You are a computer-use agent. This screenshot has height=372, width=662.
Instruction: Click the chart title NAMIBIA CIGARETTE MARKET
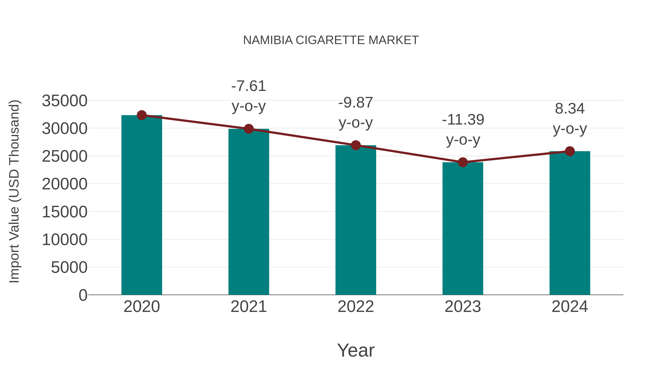[x=331, y=40]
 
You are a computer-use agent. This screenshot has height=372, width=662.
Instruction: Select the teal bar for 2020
[x=142, y=205]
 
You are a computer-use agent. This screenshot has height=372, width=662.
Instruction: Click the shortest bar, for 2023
[x=463, y=229]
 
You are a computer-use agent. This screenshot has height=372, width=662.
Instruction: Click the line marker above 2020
[x=142, y=115]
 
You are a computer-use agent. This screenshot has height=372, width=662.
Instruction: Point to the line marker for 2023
[x=463, y=162]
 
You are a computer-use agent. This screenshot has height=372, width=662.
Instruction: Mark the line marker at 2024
[x=570, y=151]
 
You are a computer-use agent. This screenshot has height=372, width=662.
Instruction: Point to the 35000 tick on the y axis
[x=65, y=101]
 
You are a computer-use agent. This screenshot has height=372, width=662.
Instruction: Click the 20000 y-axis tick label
[x=65, y=184]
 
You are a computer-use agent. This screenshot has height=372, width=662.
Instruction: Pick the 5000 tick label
[x=69, y=267]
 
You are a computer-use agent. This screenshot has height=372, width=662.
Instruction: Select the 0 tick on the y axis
[x=83, y=295]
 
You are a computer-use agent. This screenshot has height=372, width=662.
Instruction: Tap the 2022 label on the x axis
[x=356, y=307]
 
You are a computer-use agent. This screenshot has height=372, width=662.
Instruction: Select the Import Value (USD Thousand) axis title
[x=14, y=191]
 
